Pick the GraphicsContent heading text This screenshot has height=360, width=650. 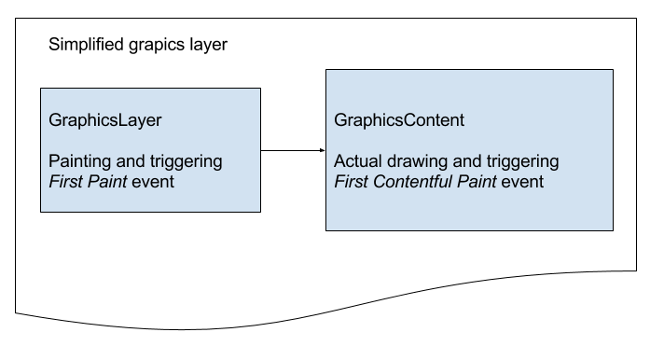click(x=399, y=121)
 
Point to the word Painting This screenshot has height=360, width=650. click(x=80, y=161)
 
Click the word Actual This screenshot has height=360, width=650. click(x=358, y=161)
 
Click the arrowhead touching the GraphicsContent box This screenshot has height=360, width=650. click(x=321, y=151)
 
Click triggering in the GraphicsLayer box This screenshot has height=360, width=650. click(x=187, y=161)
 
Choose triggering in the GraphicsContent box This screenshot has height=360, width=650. click(x=521, y=161)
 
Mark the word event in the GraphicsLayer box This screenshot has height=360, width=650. click(x=154, y=182)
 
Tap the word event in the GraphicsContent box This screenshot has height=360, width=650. click(x=523, y=182)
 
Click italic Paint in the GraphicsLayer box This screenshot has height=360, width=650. click(x=108, y=182)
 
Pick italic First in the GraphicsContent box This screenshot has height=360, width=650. click(x=351, y=182)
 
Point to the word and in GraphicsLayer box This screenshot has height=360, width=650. click(x=131, y=161)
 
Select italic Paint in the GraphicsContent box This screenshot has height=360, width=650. click(x=476, y=182)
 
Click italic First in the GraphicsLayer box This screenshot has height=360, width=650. click(x=65, y=182)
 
